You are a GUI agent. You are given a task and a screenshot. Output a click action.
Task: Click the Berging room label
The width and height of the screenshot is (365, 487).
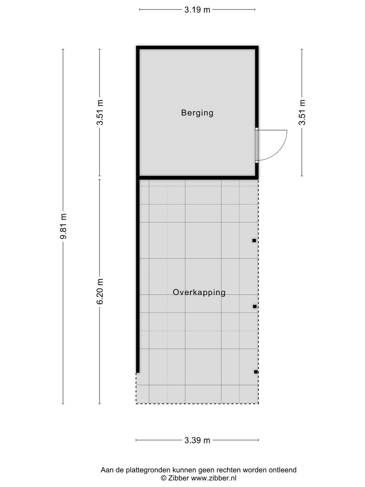click(197, 113)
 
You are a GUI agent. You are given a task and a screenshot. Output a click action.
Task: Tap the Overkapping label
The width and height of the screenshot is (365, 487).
click(199, 292)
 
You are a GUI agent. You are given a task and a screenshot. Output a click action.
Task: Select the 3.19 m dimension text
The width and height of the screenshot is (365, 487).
click(197, 10)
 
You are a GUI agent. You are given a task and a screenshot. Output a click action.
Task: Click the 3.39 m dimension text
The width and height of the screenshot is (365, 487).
click(197, 440)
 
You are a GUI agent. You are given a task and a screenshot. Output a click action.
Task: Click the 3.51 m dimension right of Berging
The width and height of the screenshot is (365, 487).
click(302, 112)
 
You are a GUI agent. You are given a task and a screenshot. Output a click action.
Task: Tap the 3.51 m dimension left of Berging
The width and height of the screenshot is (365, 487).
click(100, 112)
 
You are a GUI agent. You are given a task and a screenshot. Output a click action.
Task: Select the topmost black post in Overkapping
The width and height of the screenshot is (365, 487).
click(254, 240)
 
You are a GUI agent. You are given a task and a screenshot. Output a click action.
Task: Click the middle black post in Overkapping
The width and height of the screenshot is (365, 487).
click(255, 307)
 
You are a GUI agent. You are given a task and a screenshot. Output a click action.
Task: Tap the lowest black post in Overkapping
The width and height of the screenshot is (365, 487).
click(256, 372)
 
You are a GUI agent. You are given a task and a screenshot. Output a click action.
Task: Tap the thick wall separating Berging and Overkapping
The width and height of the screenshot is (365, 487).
click(197, 178)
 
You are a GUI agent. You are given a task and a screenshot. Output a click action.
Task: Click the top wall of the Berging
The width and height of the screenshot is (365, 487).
click(197, 47)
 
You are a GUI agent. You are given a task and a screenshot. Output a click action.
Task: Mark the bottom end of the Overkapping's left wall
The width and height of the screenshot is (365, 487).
click(138, 373)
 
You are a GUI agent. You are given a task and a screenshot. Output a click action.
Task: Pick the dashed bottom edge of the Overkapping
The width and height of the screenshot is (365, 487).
click(197, 404)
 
